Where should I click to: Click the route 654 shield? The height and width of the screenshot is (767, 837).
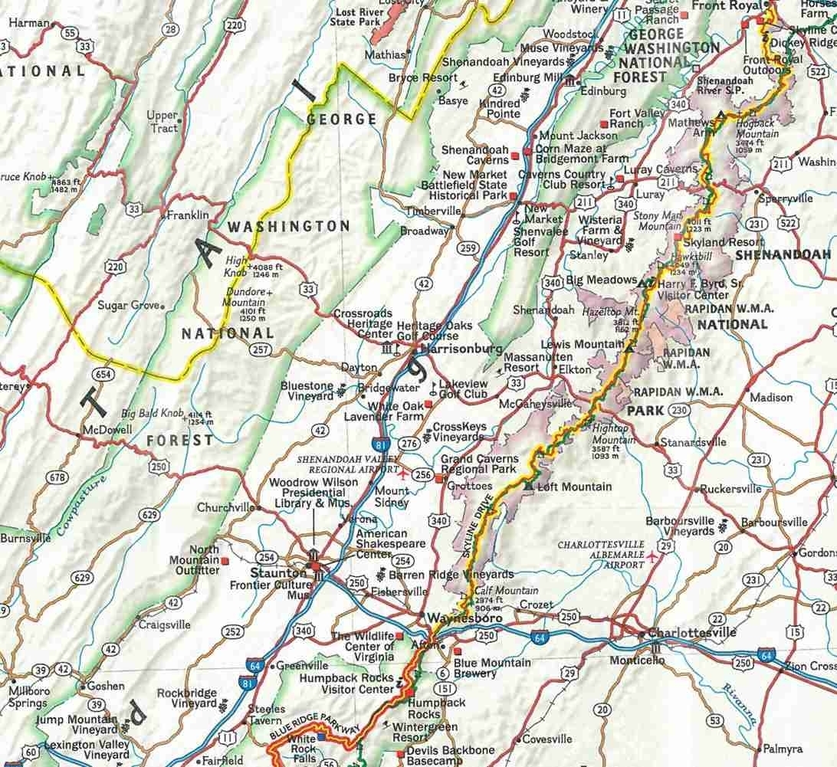(101, 373)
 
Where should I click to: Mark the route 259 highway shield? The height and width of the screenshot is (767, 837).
(468, 247)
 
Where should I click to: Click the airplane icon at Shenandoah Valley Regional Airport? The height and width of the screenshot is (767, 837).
(399, 475)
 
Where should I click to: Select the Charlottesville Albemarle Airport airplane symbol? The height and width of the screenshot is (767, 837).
(652, 555)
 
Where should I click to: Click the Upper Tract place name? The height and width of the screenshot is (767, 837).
(162, 121)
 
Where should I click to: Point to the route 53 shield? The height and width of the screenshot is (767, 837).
(714, 719)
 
